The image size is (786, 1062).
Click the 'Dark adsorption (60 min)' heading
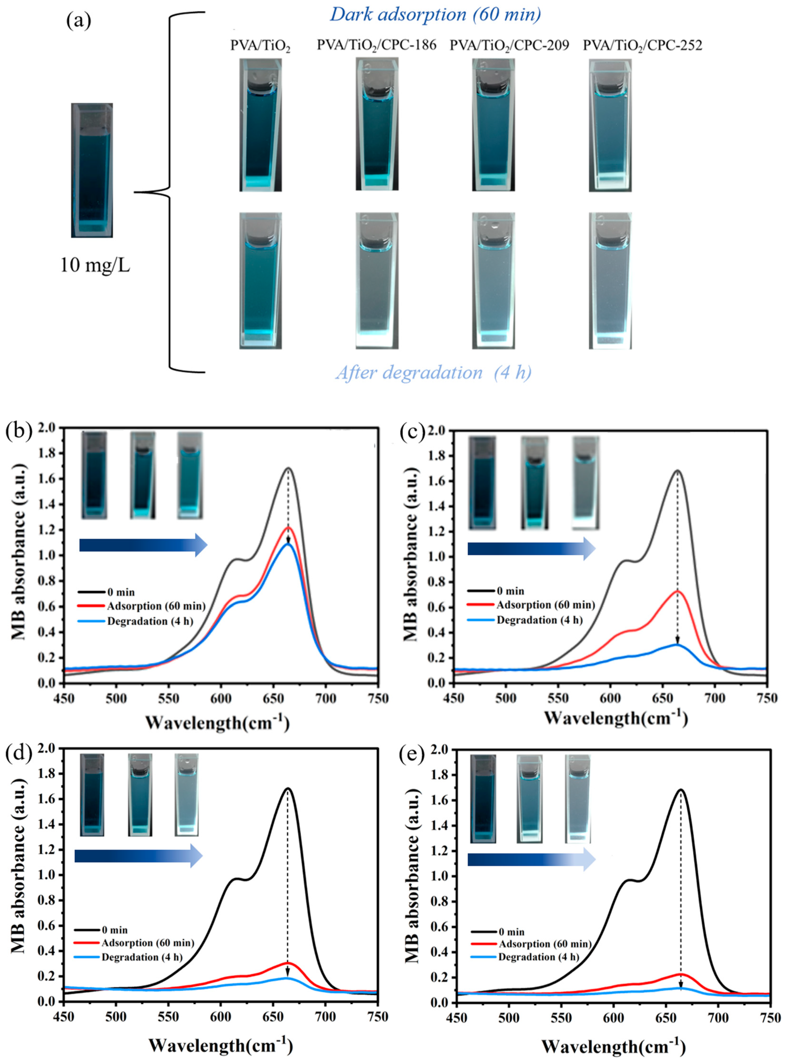tap(435, 15)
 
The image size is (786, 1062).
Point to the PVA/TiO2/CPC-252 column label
tap(642, 46)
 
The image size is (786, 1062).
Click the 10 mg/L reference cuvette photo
tap(92, 170)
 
